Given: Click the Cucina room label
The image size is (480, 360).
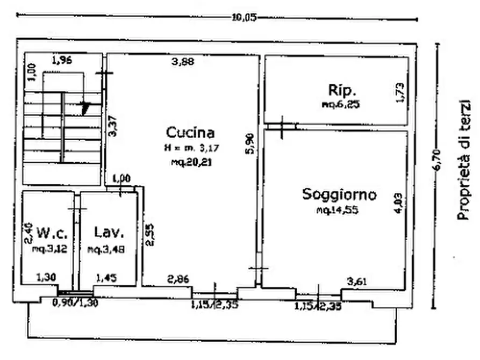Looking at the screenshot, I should coord(190,132).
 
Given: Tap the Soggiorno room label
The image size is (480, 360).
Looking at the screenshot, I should coord(339,194).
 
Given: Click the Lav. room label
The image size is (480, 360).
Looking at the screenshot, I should coord(109,233).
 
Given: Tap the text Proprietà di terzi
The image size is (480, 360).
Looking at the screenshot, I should coord(463,159).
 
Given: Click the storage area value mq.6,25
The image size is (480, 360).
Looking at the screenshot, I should coord(340,105).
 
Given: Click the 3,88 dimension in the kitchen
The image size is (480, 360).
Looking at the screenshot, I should coord(183,62).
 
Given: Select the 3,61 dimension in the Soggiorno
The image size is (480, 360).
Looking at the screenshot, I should coord(358,281).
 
